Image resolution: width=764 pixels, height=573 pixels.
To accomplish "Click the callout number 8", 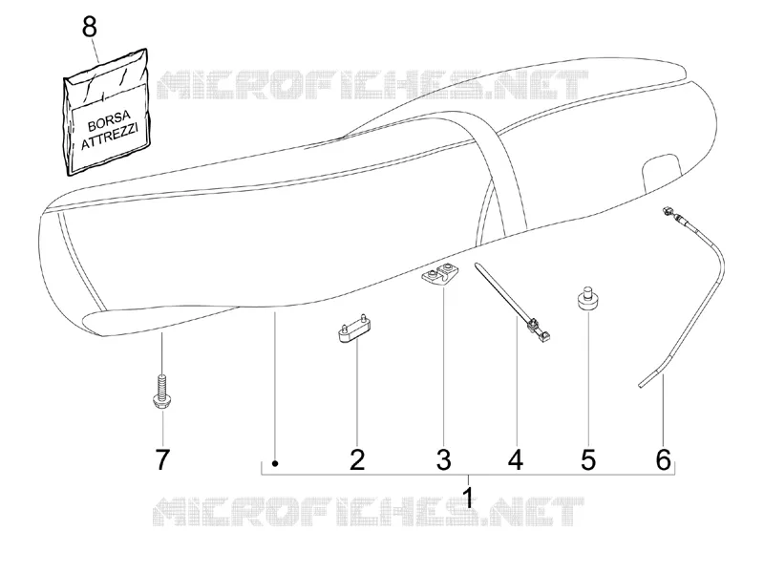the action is pos(89,27).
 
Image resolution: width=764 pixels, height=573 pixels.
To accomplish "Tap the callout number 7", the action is pos(162,459).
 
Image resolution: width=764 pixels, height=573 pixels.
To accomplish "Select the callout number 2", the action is pos(357,459).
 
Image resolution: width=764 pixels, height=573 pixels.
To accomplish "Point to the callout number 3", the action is pos(443,459).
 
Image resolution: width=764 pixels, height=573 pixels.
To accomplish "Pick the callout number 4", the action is pos(516,459).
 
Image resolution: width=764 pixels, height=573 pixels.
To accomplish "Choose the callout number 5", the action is pos(588,459).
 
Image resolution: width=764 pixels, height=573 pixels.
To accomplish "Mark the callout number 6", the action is pos(663,459).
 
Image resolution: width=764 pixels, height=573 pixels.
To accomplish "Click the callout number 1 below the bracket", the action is pos(468,497).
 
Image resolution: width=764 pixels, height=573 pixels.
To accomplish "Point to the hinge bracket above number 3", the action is pos(437,274).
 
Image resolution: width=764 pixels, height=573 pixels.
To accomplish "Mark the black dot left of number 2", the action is pos(275,463).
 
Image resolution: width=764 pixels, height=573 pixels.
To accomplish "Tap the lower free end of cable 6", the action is pos(640,386).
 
